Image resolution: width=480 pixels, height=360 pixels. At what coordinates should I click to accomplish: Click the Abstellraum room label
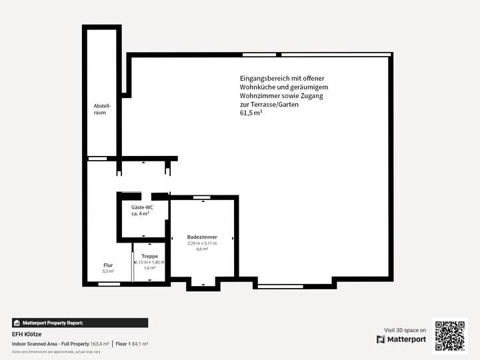(x=102, y=109)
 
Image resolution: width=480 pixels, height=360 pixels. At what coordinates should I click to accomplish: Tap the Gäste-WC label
(x=142, y=207)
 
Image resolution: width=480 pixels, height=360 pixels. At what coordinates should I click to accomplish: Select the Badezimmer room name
(x=202, y=237)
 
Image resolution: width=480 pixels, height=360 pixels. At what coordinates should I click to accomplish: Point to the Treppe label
(x=149, y=257)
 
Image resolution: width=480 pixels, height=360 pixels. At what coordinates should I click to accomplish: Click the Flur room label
(x=108, y=265)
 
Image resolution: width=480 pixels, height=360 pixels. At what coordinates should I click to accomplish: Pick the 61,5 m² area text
(x=251, y=113)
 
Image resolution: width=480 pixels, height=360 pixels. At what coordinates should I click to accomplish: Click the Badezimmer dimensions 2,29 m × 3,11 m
(x=202, y=243)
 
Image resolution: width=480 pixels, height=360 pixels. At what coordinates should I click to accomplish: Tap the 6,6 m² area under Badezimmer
(x=202, y=249)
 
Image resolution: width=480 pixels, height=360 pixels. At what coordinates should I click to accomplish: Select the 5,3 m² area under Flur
(x=108, y=271)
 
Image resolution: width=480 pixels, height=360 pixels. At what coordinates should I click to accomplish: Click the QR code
(x=450, y=335)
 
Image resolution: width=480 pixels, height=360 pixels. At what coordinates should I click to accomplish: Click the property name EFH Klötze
(x=27, y=334)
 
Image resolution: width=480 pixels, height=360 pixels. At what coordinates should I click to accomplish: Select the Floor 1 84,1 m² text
(x=132, y=343)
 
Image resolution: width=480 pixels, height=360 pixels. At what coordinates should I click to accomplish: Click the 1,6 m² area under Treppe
(x=149, y=268)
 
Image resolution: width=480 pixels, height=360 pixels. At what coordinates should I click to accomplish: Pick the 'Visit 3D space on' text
(x=405, y=330)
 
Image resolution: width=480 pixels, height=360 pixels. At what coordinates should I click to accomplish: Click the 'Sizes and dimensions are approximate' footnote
(x=56, y=351)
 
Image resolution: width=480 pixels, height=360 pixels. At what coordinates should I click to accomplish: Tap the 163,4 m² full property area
(x=99, y=343)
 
